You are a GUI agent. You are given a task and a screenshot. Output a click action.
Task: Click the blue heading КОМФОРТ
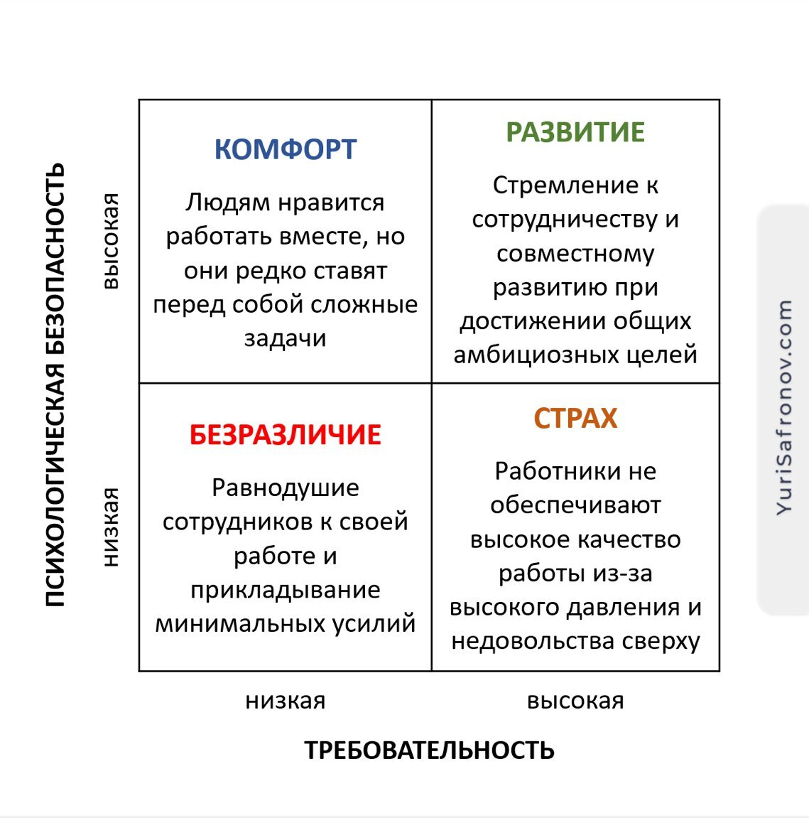tap(285, 150)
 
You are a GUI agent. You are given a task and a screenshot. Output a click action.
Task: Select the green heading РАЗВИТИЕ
tap(575, 133)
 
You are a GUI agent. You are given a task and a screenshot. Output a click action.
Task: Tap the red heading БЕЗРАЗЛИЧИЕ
tap(285, 435)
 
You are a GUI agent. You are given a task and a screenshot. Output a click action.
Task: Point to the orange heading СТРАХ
tap(575, 419)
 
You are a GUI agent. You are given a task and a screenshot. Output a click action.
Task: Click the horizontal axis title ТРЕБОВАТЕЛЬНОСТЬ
tap(429, 750)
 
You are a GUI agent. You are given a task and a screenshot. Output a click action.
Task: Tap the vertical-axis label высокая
tap(110, 241)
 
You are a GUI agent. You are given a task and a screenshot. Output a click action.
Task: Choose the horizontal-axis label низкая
tap(285, 701)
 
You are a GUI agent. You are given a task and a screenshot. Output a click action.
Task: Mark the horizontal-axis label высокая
tap(575, 701)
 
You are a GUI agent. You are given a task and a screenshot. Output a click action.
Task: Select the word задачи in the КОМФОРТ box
tap(285, 338)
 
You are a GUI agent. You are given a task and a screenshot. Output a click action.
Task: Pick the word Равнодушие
tap(285, 488)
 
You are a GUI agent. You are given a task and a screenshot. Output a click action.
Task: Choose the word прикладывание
tap(285, 590)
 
